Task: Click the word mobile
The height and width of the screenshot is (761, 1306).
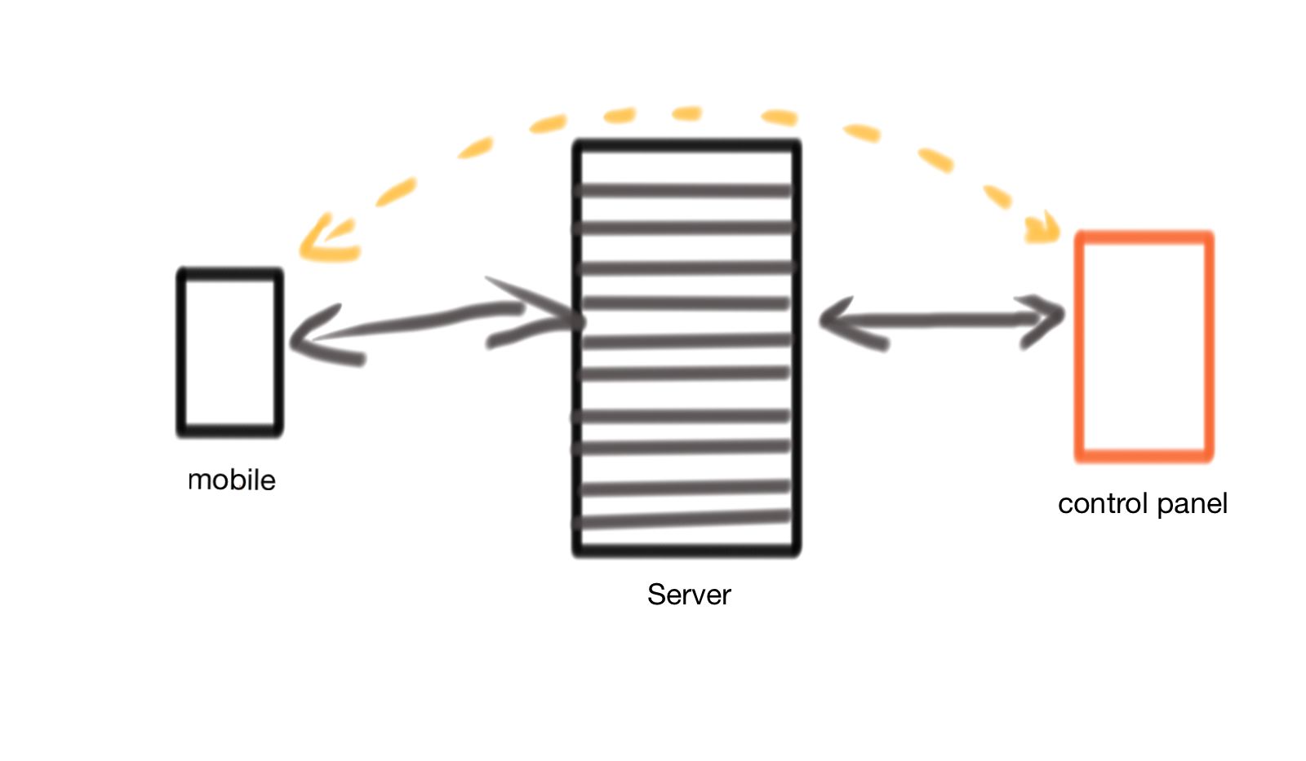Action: [232, 480]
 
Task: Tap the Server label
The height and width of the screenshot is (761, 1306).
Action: [688, 595]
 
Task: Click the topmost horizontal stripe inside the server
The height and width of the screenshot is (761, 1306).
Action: [684, 191]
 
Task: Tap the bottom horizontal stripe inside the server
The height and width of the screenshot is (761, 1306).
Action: [684, 519]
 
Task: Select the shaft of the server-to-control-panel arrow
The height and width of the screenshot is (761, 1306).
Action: [939, 320]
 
